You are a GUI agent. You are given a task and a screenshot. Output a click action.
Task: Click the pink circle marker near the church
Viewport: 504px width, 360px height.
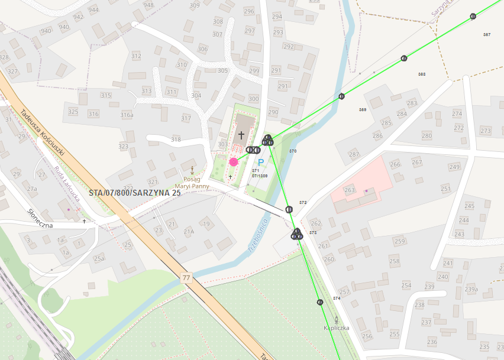click(x=234, y=161)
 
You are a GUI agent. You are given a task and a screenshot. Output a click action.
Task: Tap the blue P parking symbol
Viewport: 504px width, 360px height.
click(x=260, y=163)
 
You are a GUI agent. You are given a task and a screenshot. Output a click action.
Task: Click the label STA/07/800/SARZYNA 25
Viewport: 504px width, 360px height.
click(x=135, y=193)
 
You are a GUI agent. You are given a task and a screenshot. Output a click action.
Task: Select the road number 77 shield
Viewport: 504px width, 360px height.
click(x=187, y=277)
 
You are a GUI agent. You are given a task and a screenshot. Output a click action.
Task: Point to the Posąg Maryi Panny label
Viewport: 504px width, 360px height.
click(x=192, y=183)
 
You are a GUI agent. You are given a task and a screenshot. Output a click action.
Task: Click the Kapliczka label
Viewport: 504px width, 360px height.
click(x=337, y=327)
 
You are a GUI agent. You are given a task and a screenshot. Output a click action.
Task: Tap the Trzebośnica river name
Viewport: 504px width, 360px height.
click(x=260, y=236)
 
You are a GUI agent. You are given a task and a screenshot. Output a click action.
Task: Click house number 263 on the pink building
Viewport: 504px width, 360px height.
click(x=349, y=190)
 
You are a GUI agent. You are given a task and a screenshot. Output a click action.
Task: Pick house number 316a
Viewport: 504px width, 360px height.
click(x=127, y=115)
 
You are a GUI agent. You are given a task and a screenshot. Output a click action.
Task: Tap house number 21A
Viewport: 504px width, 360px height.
click(x=189, y=232)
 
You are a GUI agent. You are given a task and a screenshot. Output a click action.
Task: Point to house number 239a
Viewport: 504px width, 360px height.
click(x=471, y=289)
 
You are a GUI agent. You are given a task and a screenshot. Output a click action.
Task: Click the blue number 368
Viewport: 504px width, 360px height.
click(x=422, y=74)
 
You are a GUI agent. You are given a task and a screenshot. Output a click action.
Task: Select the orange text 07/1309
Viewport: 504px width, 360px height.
click(x=260, y=176)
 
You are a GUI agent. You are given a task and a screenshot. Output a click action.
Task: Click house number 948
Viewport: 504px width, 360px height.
click(x=148, y=5)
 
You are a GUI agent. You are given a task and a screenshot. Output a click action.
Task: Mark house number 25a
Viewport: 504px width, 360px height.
click(x=99, y=258)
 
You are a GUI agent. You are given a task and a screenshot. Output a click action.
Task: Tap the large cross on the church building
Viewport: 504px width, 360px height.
click(x=241, y=135)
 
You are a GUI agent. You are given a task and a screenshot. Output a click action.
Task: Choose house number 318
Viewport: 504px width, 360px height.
click(x=176, y=140)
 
